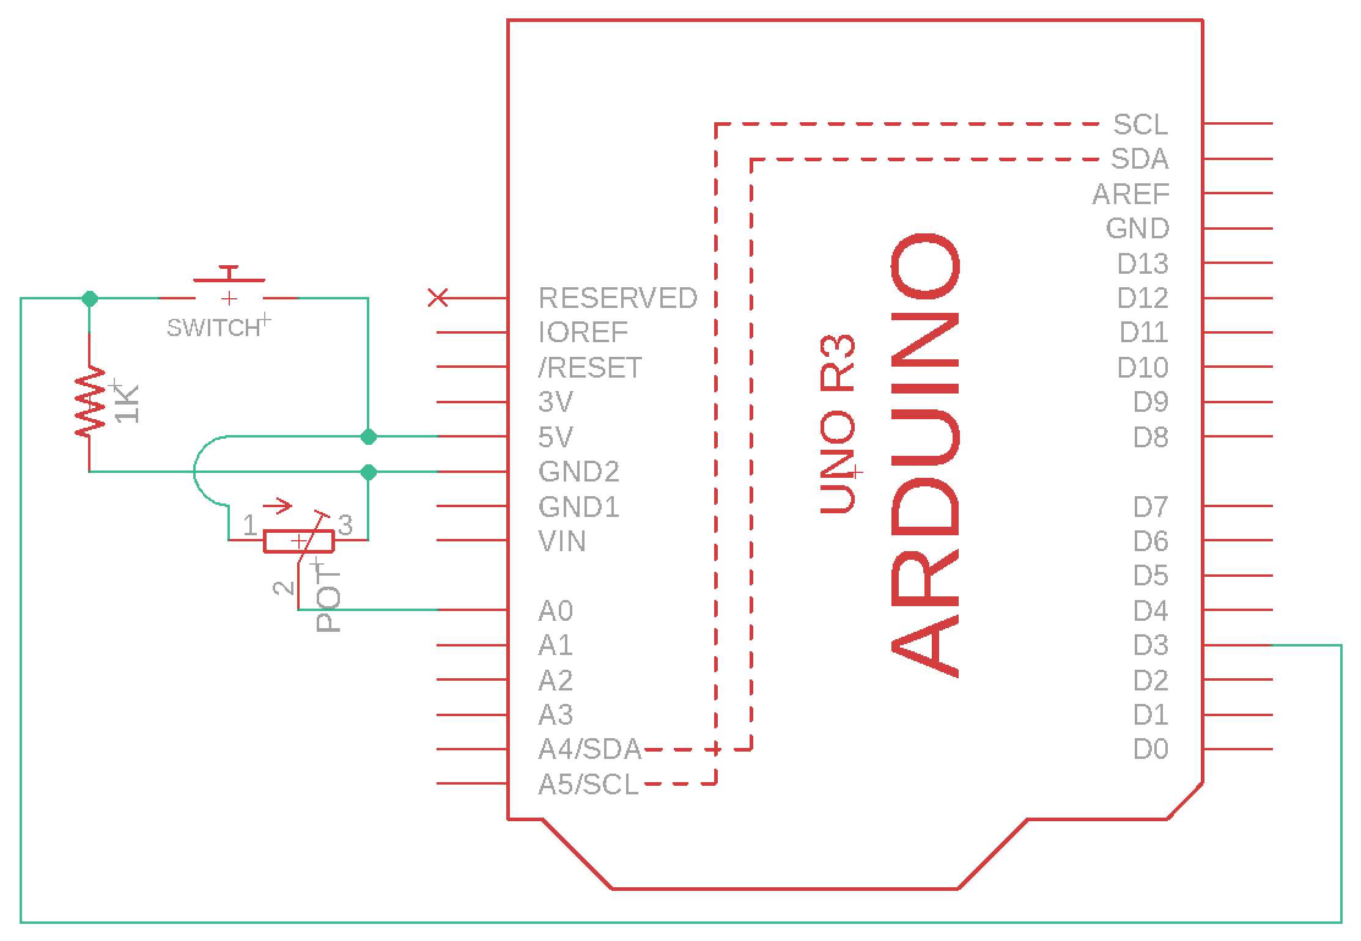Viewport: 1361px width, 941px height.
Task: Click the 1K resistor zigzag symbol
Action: pyautogui.click(x=89, y=401)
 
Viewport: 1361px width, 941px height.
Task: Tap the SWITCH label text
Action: pyautogui.click(x=213, y=328)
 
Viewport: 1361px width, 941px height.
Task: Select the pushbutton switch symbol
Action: pyautogui.click(x=229, y=284)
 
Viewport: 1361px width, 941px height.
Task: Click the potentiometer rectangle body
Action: pyautogui.click(x=298, y=541)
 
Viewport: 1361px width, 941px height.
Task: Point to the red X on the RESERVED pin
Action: pyautogui.click(x=438, y=298)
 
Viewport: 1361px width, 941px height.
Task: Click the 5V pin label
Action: pyautogui.click(x=555, y=437)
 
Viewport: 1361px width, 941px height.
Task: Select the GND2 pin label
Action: pyautogui.click(x=578, y=472)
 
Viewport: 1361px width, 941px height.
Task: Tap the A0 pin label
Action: pyautogui.click(x=555, y=610)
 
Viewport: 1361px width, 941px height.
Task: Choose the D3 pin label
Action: pyautogui.click(x=1151, y=645)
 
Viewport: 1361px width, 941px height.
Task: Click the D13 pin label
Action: pyautogui.click(x=1143, y=263)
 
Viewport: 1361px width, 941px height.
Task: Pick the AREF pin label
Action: pyautogui.click(x=1130, y=194)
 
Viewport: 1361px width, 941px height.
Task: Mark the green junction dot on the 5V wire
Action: pyautogui.click(x=369, y=437)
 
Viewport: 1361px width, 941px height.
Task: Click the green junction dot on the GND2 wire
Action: pyautogui.click(x=369, y=472)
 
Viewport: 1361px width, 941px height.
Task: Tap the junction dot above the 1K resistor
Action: pyautogui.click(x=90, y=298)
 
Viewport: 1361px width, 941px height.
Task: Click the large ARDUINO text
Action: pyautogui.click(x=924, y=456)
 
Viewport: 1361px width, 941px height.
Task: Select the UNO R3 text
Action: pyautogui.click(x=837, y=424)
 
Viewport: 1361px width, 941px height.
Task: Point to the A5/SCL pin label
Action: pyautogui.click(x=588, y=784)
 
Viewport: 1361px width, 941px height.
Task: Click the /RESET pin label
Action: pyautogui.click(x=590, y=368)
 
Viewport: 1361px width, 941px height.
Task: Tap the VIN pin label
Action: pyautogui.click(x=562, y=541)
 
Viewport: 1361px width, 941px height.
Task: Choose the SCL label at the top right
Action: pyautogui.click(x=1140, y=125)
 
